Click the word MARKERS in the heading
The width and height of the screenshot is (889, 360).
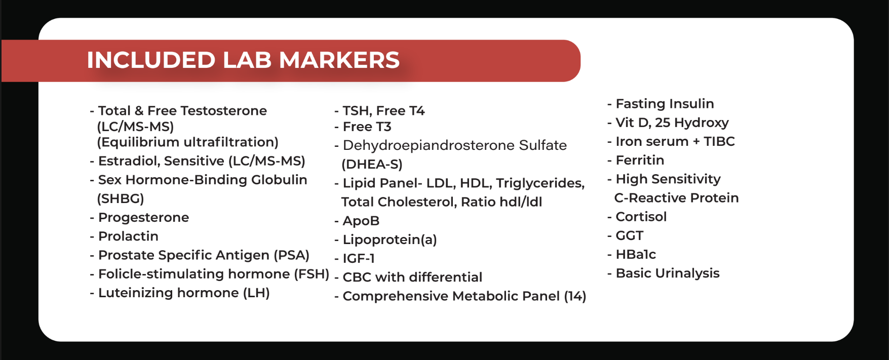(339, 60)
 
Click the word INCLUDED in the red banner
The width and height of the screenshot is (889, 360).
(151, 60)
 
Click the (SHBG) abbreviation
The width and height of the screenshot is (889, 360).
(121, 198)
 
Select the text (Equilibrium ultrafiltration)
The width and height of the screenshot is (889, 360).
(188, 142)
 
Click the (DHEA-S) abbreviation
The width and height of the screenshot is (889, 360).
(372, 165)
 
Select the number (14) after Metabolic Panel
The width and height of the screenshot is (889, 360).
(575, 296)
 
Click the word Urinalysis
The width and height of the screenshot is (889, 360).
(687, 273)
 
